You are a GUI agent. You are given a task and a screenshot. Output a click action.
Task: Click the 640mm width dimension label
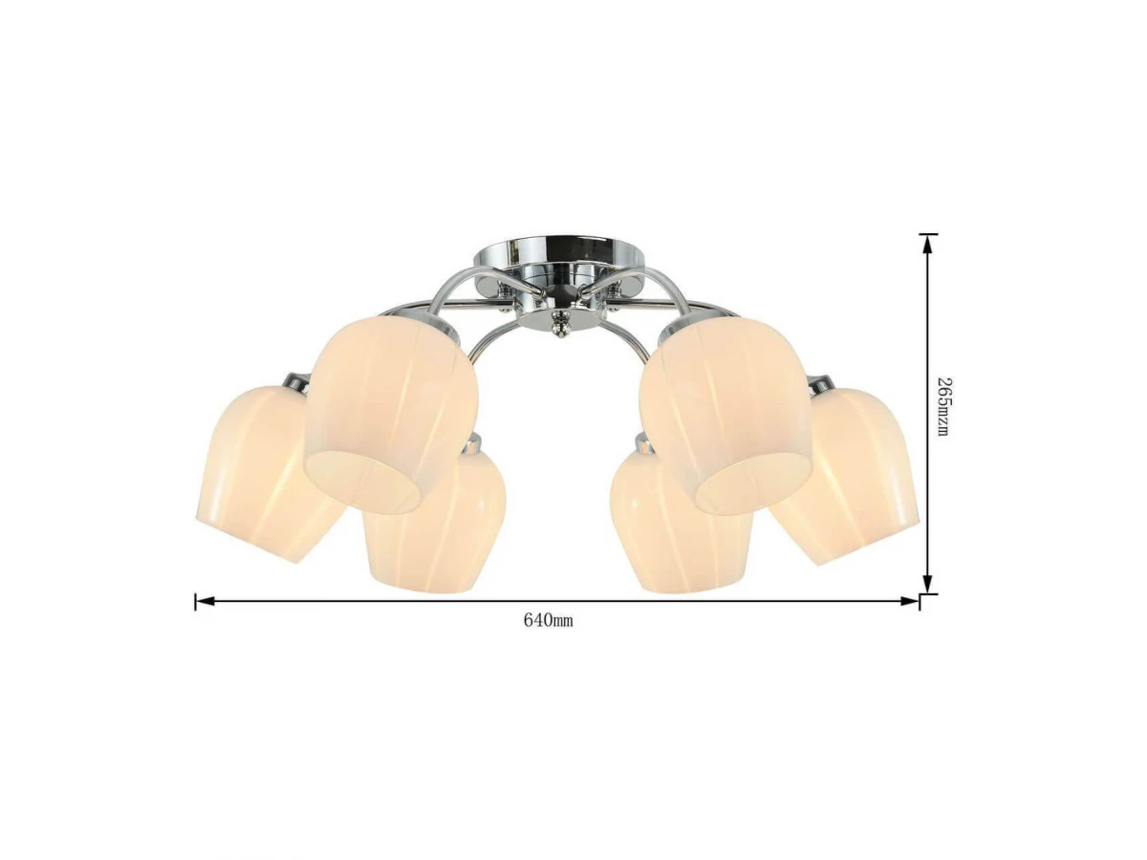coord(548,621)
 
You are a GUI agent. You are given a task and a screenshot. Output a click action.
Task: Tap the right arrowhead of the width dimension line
coord(908,602)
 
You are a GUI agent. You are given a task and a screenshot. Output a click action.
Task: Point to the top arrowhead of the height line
coord(927,244)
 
